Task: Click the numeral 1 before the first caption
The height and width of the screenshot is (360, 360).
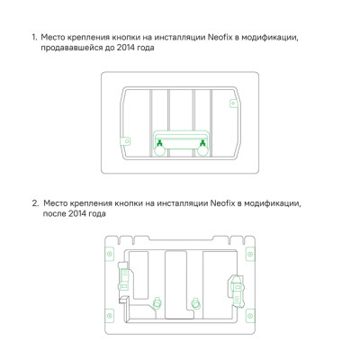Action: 33,39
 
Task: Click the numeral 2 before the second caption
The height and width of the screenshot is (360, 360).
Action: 34,204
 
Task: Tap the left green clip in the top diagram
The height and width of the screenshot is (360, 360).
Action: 158,141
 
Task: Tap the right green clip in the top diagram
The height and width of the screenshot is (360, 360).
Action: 203,141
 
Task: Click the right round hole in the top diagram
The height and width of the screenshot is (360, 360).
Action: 203,154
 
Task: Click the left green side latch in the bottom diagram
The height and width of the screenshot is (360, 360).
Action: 126,281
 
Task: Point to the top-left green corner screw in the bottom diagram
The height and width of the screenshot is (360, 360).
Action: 111,241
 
